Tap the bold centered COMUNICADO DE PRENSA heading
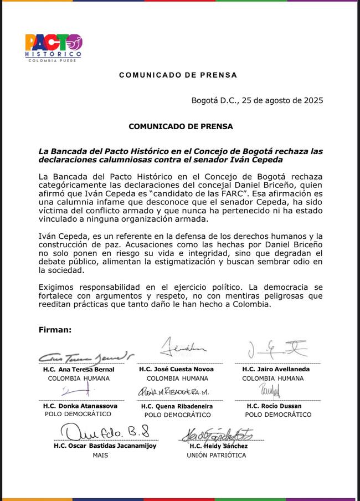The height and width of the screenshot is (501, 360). (181, 126)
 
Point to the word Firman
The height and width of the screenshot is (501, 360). (55, 330)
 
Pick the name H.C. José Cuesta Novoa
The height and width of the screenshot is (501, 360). (177, 369)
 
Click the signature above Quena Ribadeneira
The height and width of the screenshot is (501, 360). (173, 392)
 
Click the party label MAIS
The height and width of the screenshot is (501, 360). (101, 455)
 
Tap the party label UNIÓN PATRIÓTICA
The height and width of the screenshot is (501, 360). (216, 455)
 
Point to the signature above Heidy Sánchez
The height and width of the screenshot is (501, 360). (216, 434)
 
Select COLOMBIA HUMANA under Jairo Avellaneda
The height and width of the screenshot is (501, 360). (273, 378)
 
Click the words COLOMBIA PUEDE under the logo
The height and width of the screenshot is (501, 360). (53, 60)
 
